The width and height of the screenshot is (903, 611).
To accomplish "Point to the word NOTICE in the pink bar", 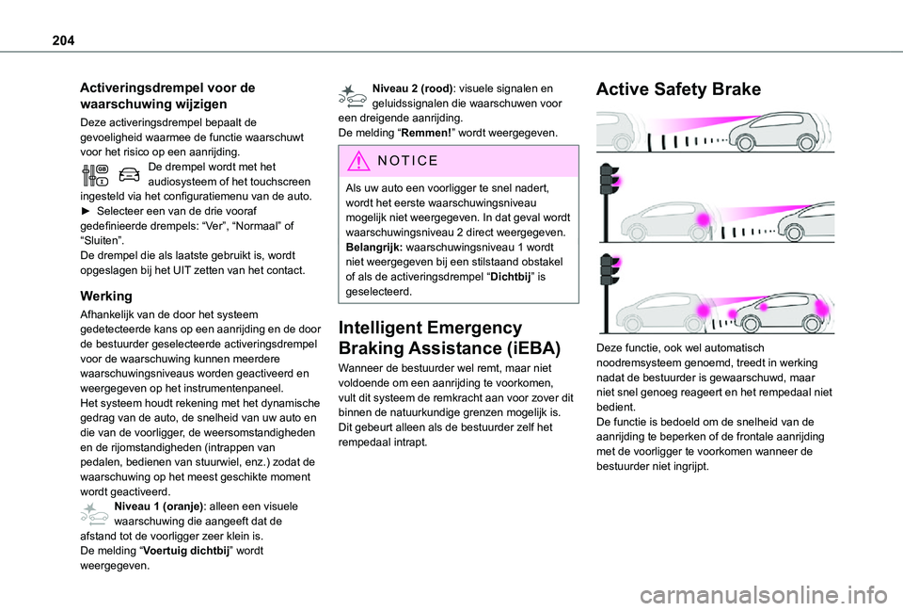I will pyautogui.click(x=406, y=160).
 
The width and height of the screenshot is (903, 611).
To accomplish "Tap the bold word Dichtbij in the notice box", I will pyautogui.click(x=514, y=277).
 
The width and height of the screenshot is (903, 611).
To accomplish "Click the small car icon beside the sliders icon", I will pyautogui.click(x=131, y=173).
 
